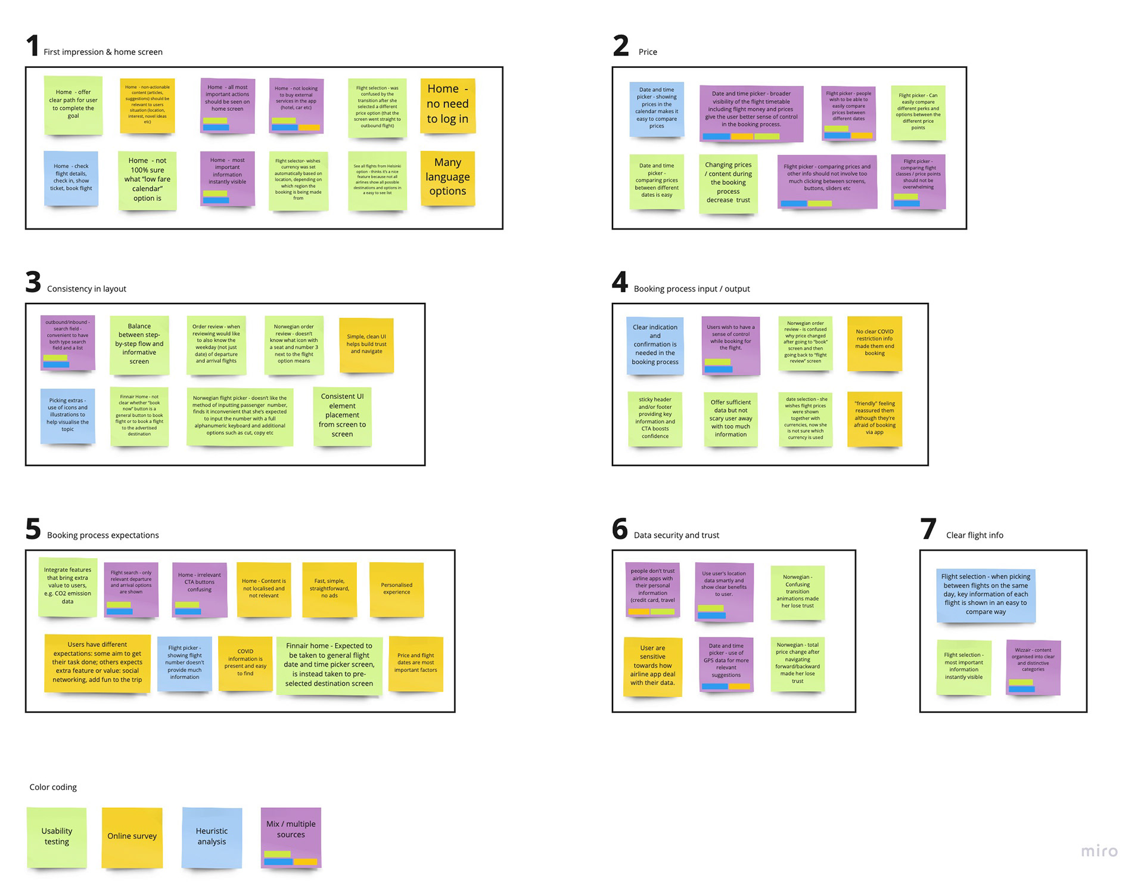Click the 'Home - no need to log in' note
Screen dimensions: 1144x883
pos(447,105)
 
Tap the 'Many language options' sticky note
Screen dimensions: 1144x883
pos(447,178)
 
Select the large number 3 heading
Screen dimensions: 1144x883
pos(33,282)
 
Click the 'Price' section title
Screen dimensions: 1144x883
pos(648,52)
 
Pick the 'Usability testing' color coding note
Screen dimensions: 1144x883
pos(57,836)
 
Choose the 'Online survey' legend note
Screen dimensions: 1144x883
pos(132,836)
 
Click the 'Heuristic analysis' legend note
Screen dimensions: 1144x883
pos(212,836)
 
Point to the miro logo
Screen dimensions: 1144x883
pos(1099,851)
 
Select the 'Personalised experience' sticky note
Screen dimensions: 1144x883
pos(396,589)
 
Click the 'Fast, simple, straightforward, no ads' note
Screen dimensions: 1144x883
pos(329,588)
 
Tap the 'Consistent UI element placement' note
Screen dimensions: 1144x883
pos(342,416)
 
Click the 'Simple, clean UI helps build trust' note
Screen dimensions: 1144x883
pos(366,345)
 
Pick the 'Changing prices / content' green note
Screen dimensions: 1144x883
pos(728,183)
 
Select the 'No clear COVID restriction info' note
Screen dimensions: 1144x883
pos(874,343)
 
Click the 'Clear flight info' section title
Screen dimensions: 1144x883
pos(974,535)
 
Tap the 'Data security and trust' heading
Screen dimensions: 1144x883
pos(676,535)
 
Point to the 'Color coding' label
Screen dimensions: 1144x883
pos(53,787)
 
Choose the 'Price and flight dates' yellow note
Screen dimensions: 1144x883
pos(415,663)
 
